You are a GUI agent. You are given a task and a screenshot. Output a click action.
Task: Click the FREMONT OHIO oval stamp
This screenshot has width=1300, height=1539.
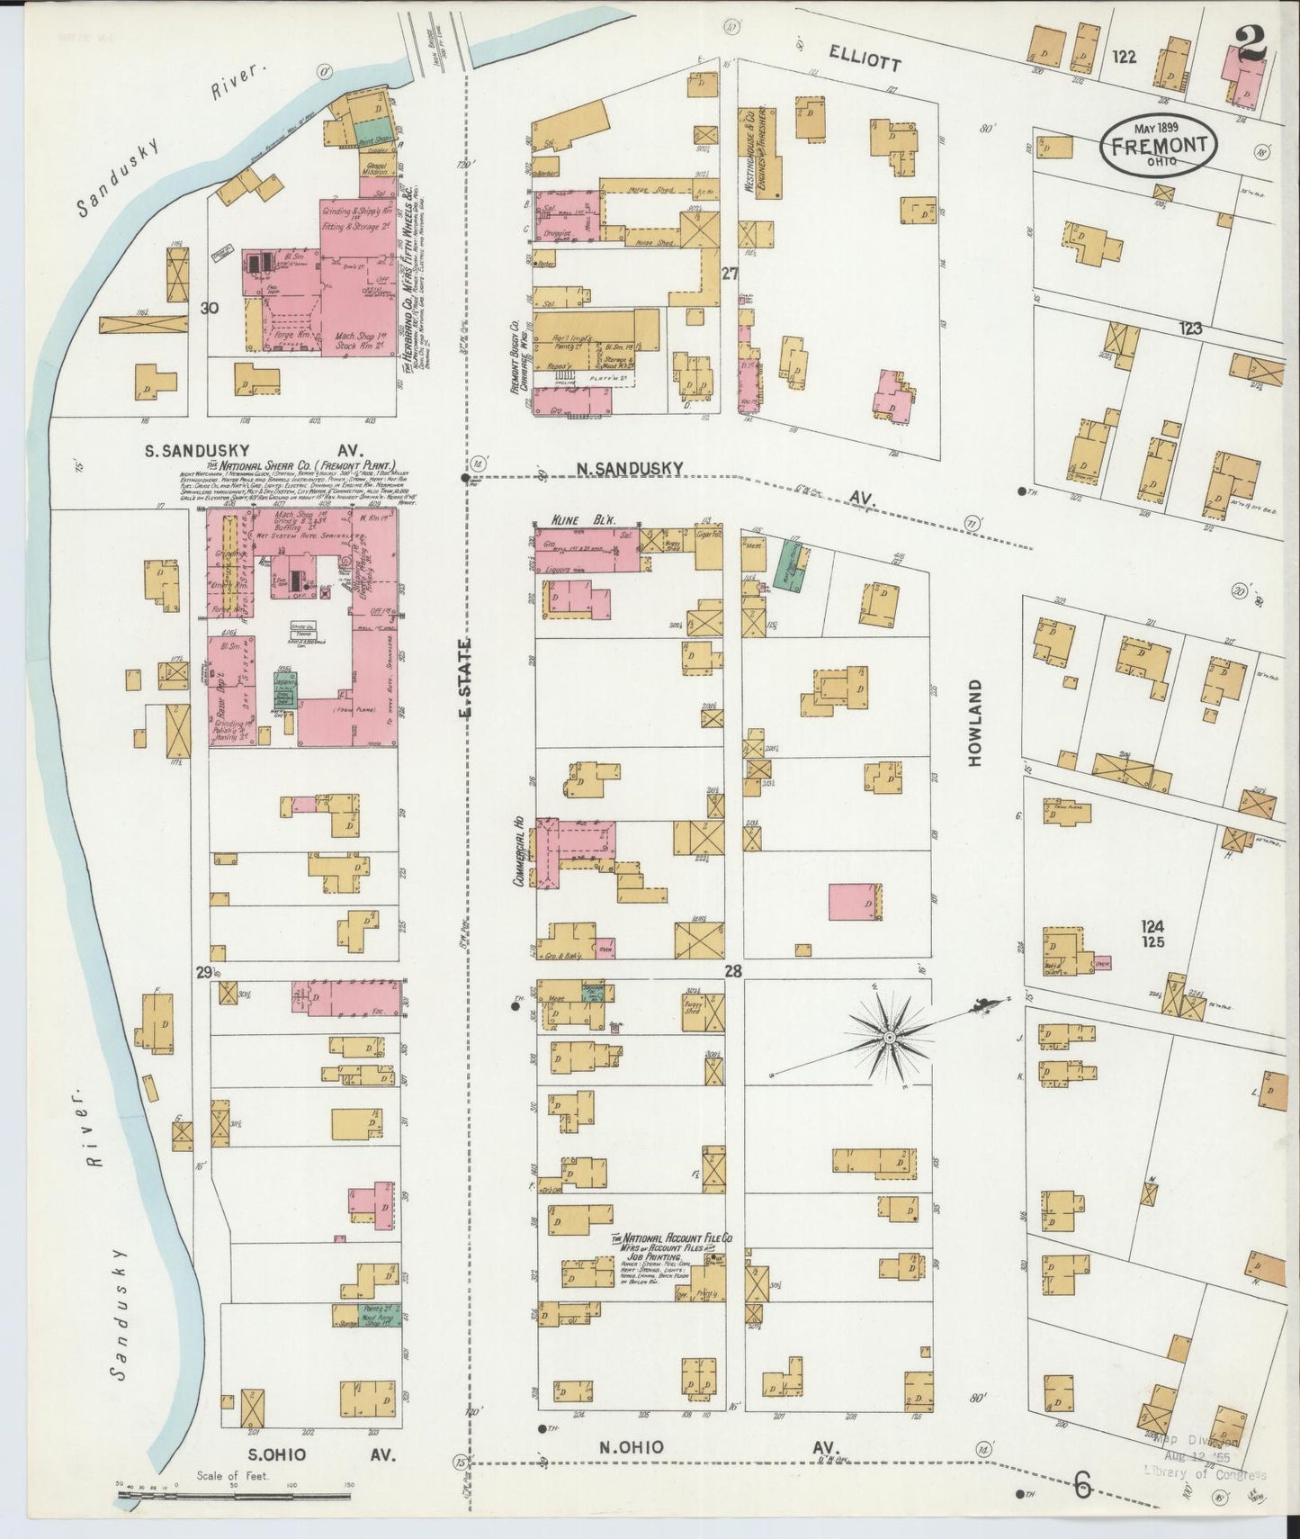(x=1158, y=144)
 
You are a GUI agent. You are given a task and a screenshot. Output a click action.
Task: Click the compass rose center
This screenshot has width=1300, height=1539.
(x=888, y=1038)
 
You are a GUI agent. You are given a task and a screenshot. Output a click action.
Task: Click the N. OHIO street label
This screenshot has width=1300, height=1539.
(x=632, y=1446)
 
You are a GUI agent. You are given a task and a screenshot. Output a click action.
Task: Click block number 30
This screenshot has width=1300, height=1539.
(x=210, y=308)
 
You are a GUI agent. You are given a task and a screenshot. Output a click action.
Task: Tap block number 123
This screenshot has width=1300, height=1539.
(x=1189, y=329)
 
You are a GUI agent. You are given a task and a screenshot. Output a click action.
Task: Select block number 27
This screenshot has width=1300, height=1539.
(x=729, y=273)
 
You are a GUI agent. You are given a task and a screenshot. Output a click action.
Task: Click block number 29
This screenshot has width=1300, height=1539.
(x=203, y=971)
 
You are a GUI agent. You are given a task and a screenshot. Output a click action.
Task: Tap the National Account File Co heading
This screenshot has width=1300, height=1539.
(x=672, y=1238)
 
